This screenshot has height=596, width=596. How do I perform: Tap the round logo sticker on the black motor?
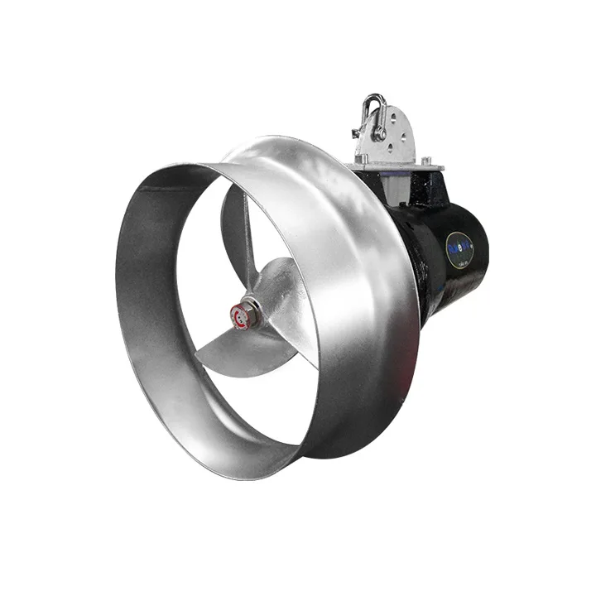[459, 249]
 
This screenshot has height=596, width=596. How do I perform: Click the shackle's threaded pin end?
[357, 132]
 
